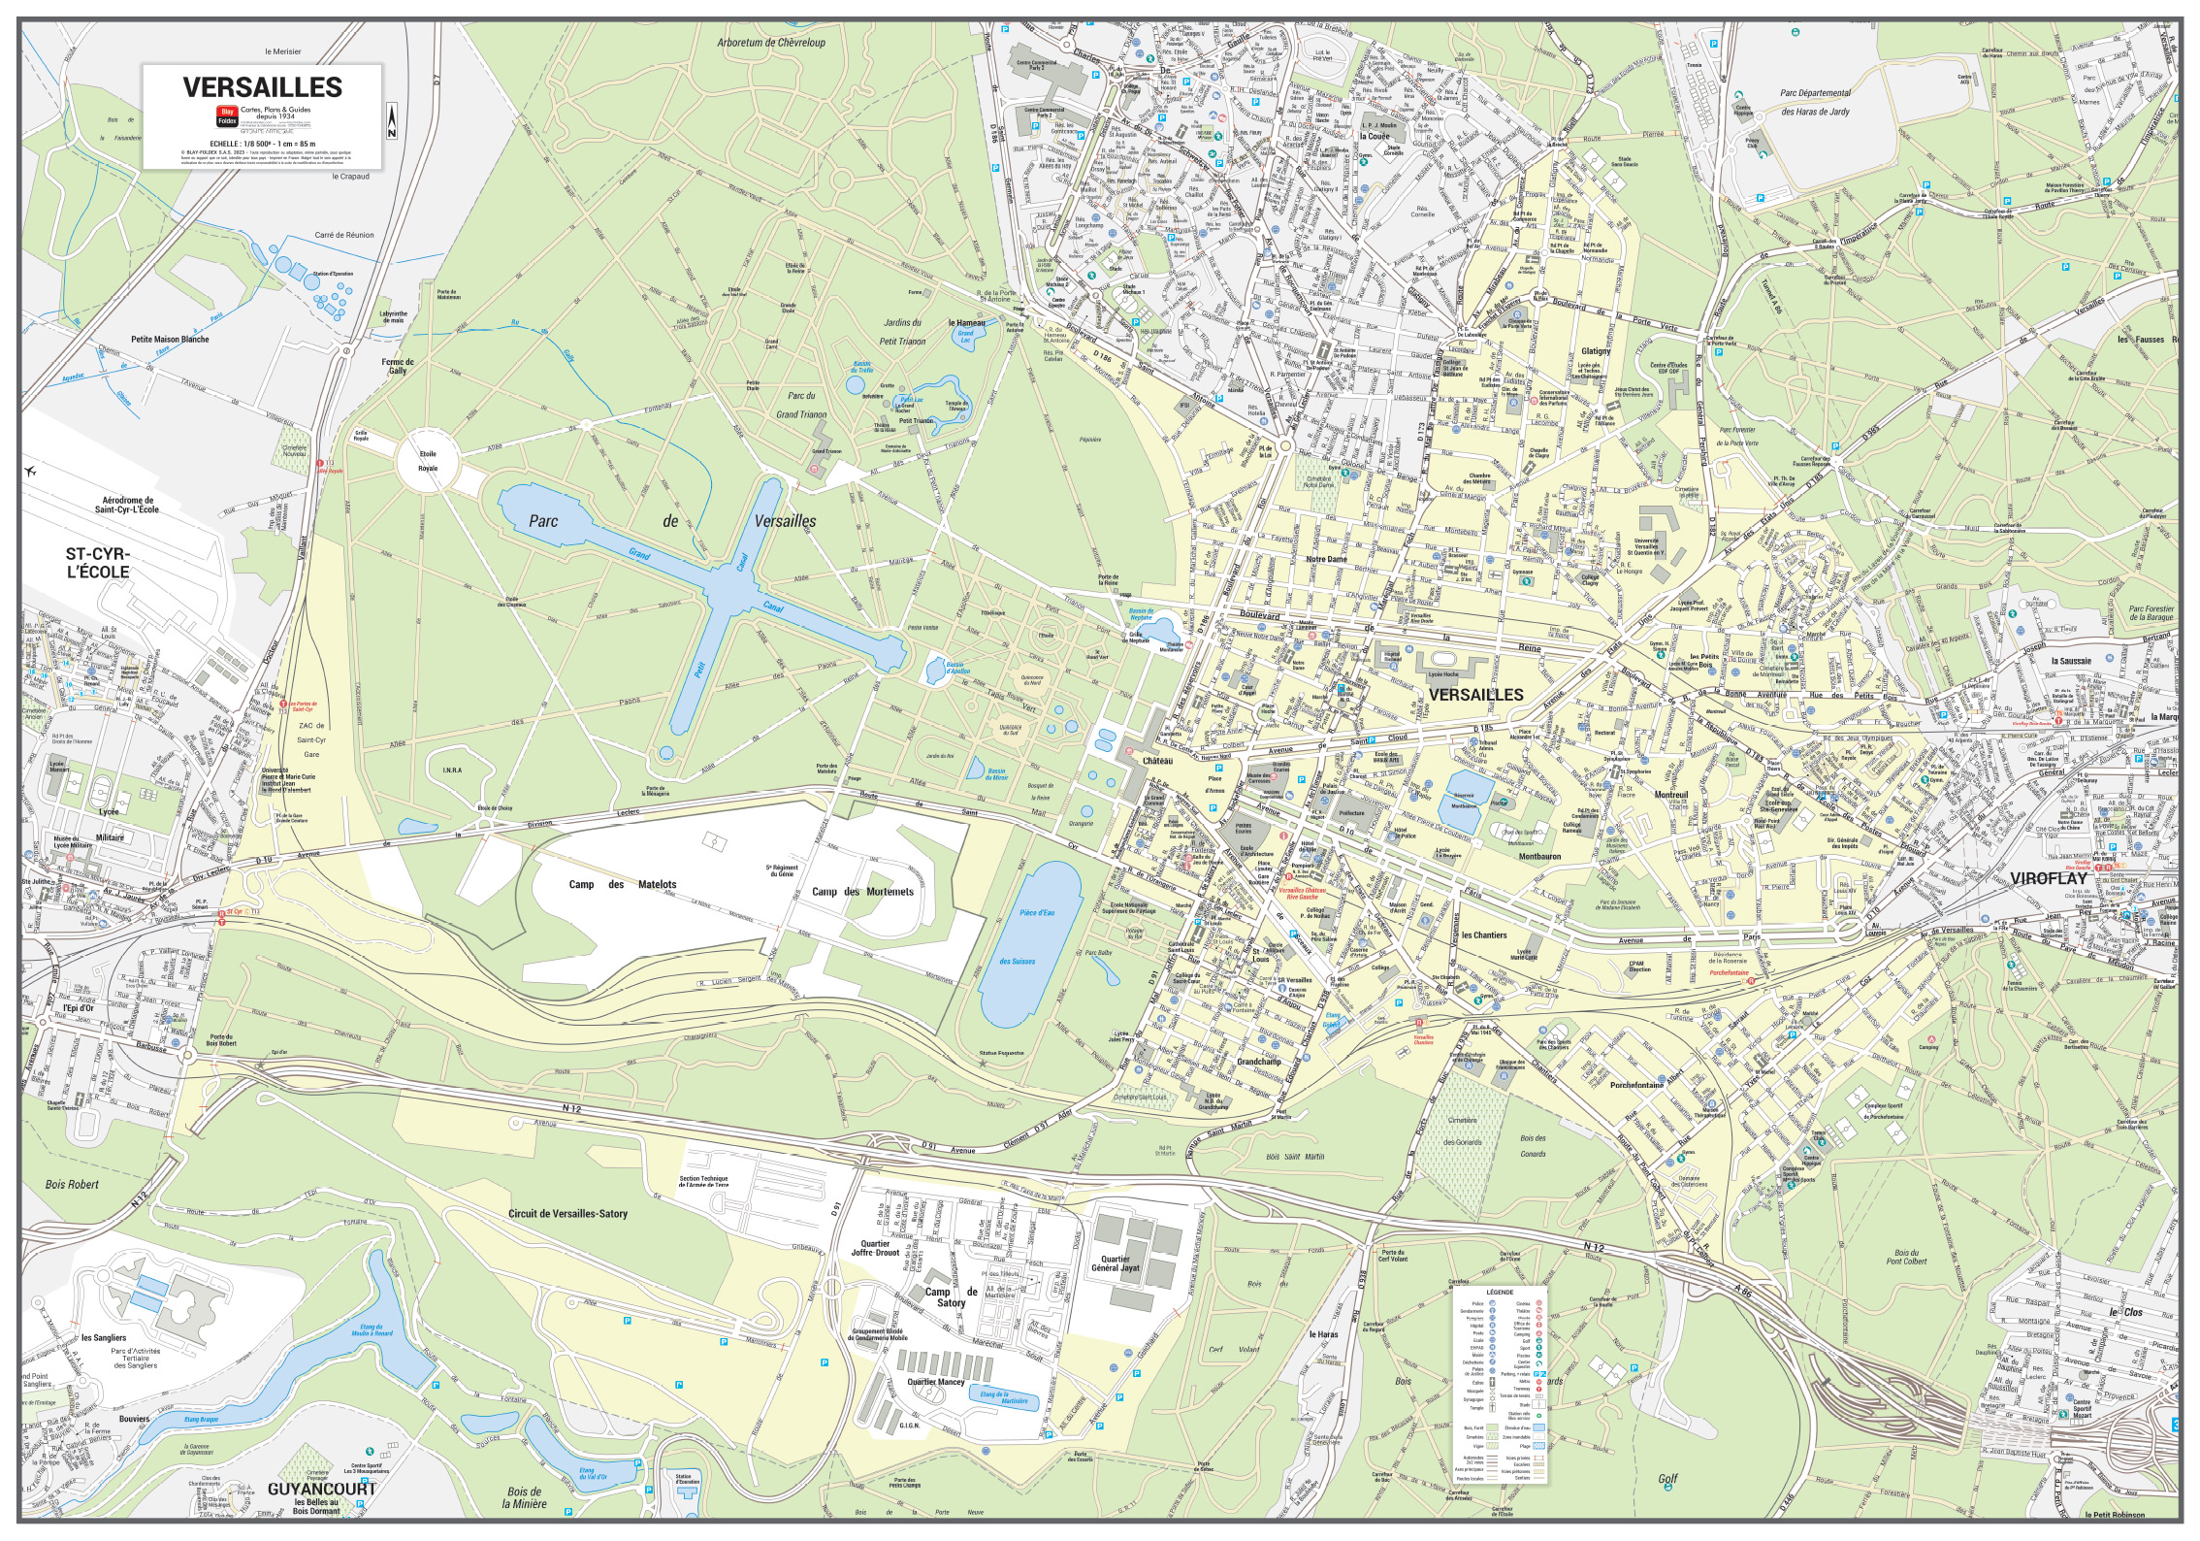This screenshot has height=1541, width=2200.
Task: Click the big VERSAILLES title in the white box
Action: [x=262, y=87]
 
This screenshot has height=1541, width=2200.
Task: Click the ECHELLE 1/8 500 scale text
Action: [x=262, y=144]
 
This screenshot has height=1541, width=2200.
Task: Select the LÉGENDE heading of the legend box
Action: [x=1499, y=1293]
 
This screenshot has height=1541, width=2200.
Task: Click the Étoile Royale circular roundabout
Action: [x=428, y=462]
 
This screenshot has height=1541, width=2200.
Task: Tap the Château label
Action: [x=1157, y=761]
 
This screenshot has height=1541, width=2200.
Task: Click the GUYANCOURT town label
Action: [x=321, y=1489]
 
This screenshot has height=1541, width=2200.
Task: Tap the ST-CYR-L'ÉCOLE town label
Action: [x=97, y=564]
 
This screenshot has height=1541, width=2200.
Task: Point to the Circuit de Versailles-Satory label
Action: [x=567, y=1214]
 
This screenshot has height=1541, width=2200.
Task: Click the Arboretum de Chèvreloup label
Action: [x=771, y=43]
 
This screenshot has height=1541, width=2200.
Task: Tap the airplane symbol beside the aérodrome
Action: [x=31, y=473]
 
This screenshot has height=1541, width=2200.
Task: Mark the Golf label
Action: [x=1666, y=1479]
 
